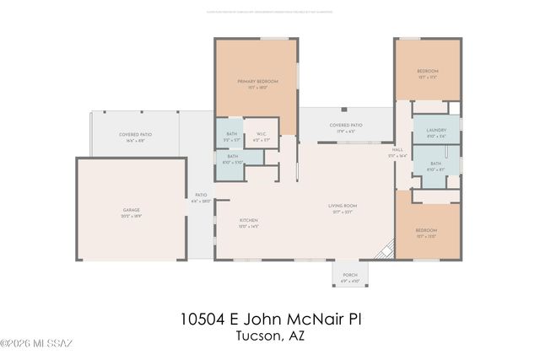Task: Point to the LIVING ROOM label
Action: [x=343, y=207]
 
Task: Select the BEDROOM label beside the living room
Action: [x=426, y=232]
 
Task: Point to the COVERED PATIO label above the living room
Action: [x=345, y=126]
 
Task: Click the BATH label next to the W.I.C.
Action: [x=231, y=136]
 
